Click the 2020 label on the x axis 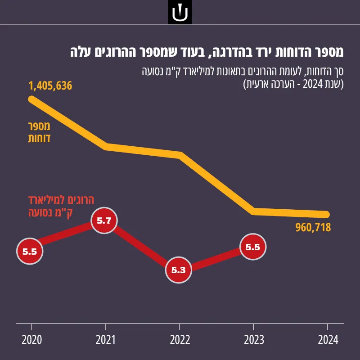point(31,340)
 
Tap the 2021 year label point(106,340)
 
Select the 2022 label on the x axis point(180,340)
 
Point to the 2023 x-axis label point(254,340)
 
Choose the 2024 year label point(328,340)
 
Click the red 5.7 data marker point(104,220)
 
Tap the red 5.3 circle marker point(178,270)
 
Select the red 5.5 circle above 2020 point(30,252)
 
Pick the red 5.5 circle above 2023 point(253,247)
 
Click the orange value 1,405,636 point(50,85)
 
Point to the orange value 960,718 point(313,228)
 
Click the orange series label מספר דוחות point(39,132)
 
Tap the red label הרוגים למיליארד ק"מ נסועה point(61,206)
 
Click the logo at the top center point(180,12)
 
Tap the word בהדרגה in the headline point(228,52)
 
